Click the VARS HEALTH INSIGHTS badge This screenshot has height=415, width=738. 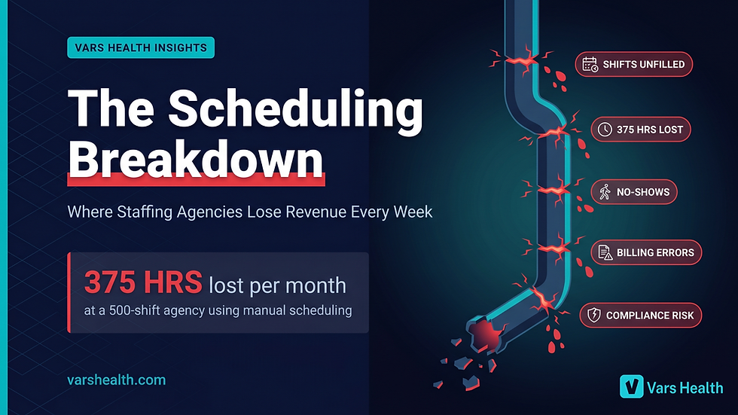pos(141,47)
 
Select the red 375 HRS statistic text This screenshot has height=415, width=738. pos(143,283)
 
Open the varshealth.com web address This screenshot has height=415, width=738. pos(117,380)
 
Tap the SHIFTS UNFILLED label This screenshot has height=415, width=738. pos(643,65)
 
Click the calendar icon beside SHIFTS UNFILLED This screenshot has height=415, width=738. pos(590,65)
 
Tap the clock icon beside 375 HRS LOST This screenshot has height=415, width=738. pos(605,130)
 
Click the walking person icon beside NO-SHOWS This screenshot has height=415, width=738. pos(605,192)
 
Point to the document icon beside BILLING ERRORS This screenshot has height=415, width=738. pos(605,252)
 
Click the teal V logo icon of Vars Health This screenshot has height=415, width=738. pos(630,386)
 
